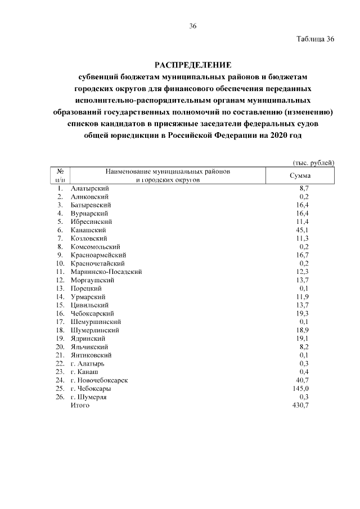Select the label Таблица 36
315,39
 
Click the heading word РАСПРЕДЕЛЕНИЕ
193,65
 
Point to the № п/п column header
59,175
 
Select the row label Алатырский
90,188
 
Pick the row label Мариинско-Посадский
106,272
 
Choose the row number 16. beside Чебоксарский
60,313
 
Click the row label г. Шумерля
88,397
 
